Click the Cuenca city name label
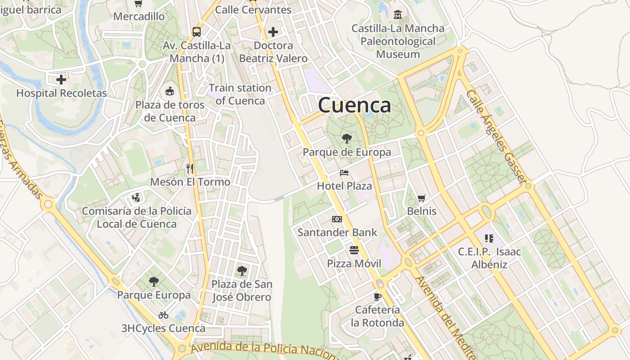tap(354, 105)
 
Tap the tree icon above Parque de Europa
tap(346, 139)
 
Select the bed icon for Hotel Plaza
tap(344, 173)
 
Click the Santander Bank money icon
tap(337, 219)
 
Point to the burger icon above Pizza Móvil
tap(354, 250)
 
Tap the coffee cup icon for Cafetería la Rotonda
tap(378, 296)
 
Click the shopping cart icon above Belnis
tap(421, 198)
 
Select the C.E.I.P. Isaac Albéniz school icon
tap(489, 238)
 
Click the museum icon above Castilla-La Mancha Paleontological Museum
tap(398, 15)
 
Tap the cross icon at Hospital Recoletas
tap(61, 80)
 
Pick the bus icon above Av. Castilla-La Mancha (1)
tap(197, 32)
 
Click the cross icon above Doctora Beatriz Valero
tap(273, 32)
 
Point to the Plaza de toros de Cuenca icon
tap(170, 91)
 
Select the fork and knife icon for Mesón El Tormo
tap(190, 169)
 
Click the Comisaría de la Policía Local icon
tap(136, 198)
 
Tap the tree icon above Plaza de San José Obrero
tap(242, 271)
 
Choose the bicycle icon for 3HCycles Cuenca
tap(163, 315)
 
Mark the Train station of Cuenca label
tap(240, 94)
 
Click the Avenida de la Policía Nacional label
tap(263, 350)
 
